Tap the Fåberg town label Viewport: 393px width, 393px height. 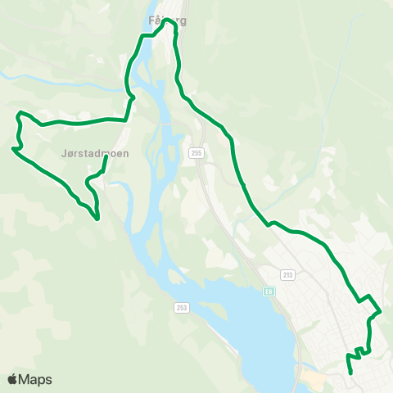click(x=164, y=21)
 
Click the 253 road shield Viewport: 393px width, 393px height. click(x=181, y=307)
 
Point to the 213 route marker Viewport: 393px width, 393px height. click(x=287, y=274)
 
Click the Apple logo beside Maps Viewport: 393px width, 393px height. click(x=12, y=379)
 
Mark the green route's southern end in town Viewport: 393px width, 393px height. click(x=351, y=373)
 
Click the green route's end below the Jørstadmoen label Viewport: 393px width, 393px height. click(x=106, y=158)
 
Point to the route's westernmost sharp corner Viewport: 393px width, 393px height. click(x=13, y=149)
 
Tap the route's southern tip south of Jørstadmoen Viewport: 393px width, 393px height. click(x=97, y=219)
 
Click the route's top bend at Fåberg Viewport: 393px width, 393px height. click(x=170, y=23)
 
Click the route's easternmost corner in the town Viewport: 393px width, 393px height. click(x=381, y=311)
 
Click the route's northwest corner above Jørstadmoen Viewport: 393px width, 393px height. click(x=20, y=112)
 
